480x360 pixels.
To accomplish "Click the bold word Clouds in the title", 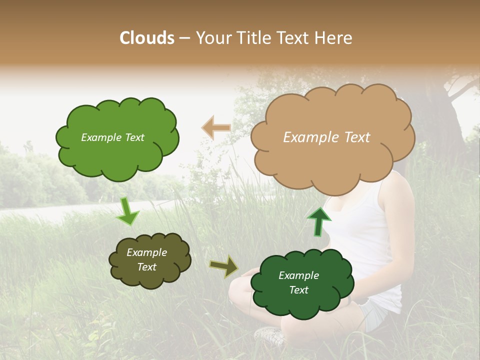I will [x=147, y=38].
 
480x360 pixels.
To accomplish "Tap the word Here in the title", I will [x=334, y=38].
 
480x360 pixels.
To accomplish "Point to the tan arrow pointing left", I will [x=216, y=128].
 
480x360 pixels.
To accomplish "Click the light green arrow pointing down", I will [x=128, y=212].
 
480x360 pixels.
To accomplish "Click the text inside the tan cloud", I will [x=326, y=137].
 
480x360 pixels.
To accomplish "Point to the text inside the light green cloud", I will [x=112, y=137].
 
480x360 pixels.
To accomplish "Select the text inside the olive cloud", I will [x=147, y=260].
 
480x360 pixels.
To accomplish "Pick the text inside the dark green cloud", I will [x=299, y=282].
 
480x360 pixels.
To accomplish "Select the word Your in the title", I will [x=213, y=38].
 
